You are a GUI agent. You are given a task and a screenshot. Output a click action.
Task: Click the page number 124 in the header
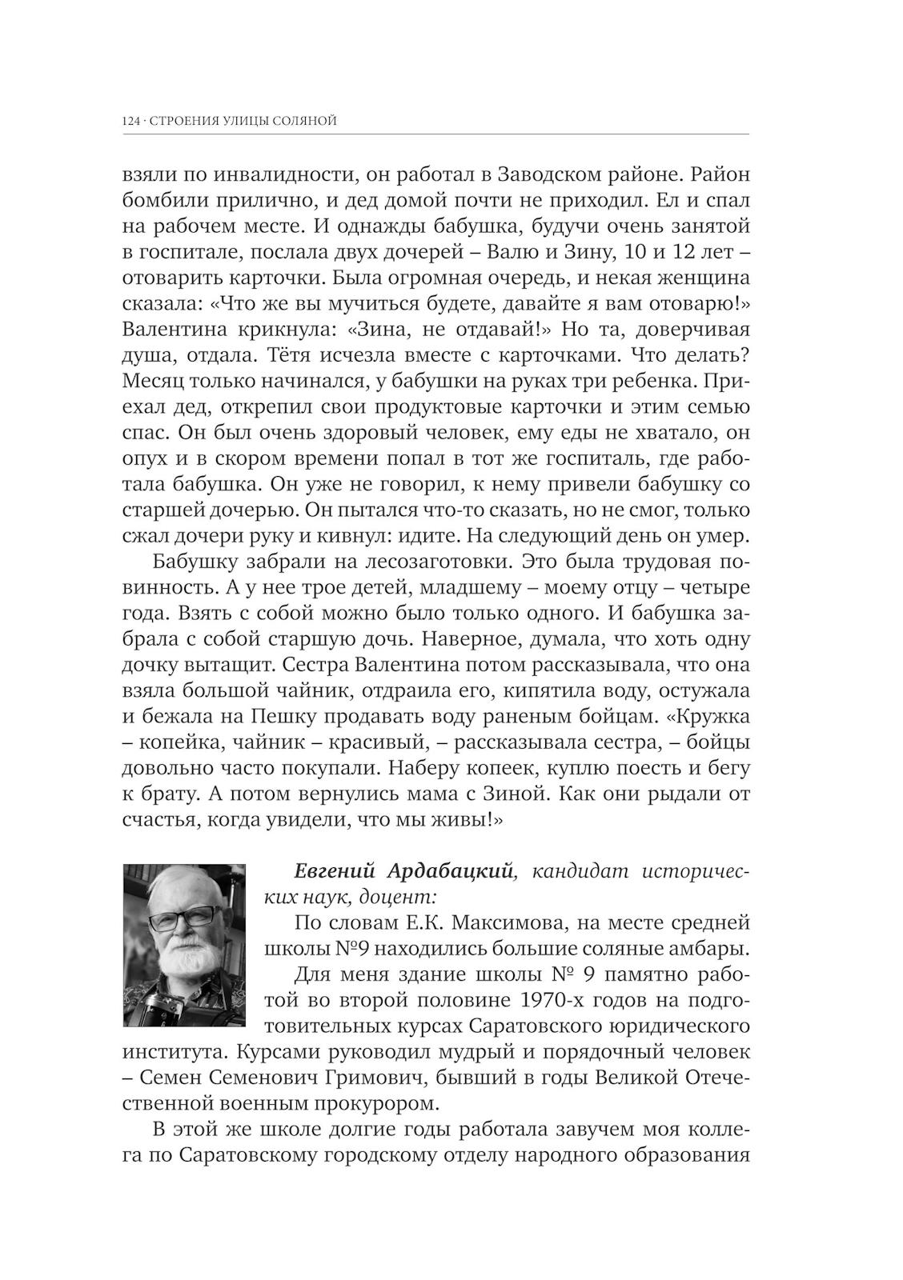tap(131, 122)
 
